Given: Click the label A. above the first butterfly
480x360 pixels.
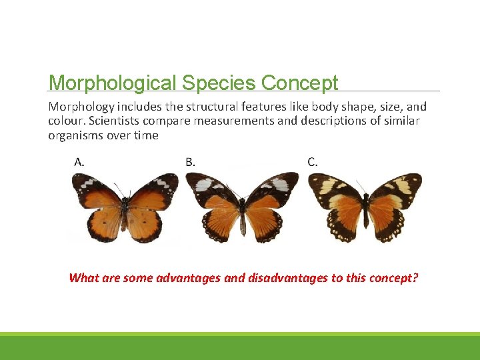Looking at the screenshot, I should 79,161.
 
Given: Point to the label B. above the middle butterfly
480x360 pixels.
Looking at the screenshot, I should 190,161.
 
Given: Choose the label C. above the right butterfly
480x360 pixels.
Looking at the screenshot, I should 312,161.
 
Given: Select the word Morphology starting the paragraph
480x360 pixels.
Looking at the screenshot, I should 81,107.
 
